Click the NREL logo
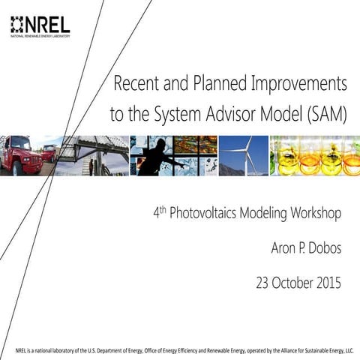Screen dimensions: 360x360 click(x=41, y=25)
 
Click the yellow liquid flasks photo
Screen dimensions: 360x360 click(x=314, y=156)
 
